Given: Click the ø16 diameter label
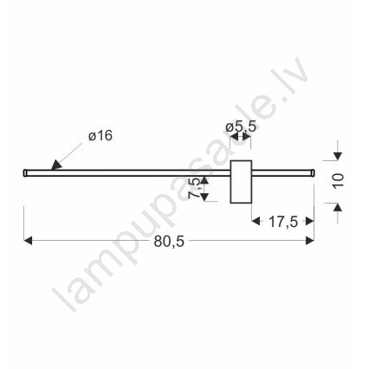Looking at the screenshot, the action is pos(100,136).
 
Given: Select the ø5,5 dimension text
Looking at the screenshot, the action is pos(241,126).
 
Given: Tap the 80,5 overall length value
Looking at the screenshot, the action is pos(169,242).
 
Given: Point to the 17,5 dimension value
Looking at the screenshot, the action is pos(283,222).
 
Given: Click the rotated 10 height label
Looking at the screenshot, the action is pos(338,181).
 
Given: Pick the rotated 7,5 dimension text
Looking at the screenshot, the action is pos(194,188).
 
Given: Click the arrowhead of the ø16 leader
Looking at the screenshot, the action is pos(56,165).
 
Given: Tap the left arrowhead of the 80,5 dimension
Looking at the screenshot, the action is pos(28,241).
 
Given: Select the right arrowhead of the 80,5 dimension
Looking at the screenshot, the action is pos(310,241).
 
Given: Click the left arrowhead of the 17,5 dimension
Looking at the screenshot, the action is pos(256,222).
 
